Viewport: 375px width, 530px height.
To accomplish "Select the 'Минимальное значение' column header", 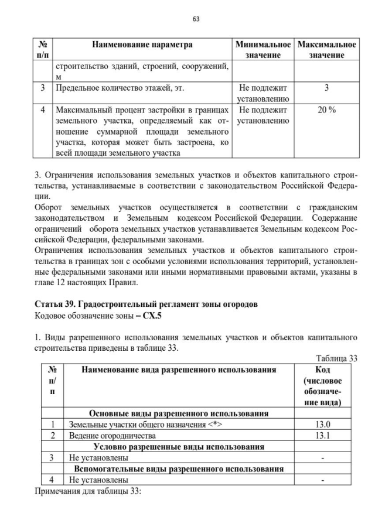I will click(262, 50).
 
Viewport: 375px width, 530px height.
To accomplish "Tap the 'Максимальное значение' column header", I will click(326, 50).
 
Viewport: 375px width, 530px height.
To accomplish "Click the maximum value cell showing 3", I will click(326, 88).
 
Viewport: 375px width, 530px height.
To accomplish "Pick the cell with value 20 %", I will click(326, 110).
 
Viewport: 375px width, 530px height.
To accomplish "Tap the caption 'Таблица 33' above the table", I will click(336, 358).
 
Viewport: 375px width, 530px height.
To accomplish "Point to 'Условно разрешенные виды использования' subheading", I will click(178, 446).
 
